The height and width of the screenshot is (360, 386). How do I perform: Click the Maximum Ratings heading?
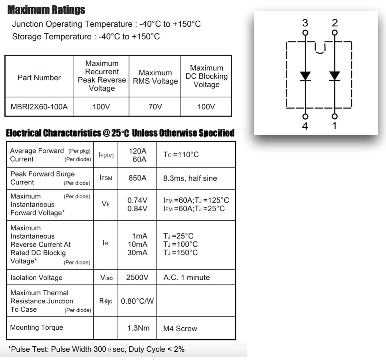(x=46, y=10)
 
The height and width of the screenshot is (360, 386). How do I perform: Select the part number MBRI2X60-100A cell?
(x=39, y=107)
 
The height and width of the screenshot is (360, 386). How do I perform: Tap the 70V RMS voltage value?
(x=155, y=107)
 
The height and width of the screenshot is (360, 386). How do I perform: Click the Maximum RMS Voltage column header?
(x=155, y=77)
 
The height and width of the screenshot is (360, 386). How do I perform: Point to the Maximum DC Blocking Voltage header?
(x=206, y=76)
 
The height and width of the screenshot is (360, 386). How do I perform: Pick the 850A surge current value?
(x=137, y=178)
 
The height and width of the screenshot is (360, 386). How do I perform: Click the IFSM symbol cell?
(x=106, y=178)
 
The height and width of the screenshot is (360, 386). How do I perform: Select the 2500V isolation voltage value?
(x=137, y=277)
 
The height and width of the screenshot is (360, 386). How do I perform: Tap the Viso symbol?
(x=106, y=278)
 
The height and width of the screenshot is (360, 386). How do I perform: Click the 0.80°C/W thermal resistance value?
(x=137, y=301)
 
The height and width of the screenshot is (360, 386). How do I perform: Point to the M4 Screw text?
(x=180, y=329)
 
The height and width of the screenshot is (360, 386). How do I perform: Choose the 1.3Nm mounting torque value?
(x=138, y=328)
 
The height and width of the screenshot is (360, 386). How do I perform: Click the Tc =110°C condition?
(x=181, y=155)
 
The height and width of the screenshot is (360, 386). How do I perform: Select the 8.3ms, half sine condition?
(x=190, y=178)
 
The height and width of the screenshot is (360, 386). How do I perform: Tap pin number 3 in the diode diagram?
(x=305, y=23)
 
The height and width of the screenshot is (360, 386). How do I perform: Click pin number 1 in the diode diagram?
(x=334, y=126)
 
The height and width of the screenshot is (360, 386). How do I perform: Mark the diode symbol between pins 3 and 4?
(x=305, y=76)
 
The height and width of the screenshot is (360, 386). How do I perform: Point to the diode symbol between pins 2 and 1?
(x=334, y=76)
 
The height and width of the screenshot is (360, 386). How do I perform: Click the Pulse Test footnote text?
(x=96, y=349)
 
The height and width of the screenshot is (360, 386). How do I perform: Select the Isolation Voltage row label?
(x=36, y=278)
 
